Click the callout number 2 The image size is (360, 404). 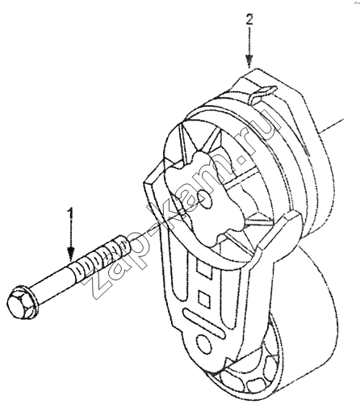(249, 19)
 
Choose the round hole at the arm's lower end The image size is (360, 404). (203, 347)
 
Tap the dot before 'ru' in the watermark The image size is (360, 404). (241, 159)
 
